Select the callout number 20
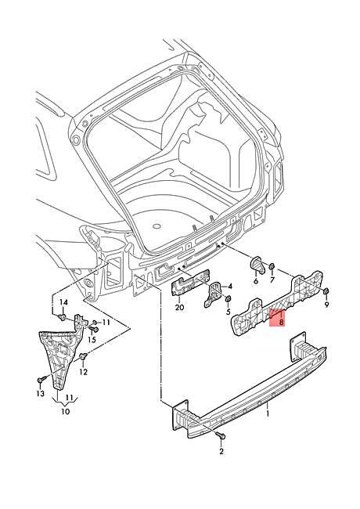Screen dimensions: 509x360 coord(179,308)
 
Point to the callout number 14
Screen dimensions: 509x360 coord(64,302)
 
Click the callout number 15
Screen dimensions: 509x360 coord(92,340)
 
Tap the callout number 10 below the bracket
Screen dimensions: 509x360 coord(66,411)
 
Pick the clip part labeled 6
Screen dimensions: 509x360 coord(257,270)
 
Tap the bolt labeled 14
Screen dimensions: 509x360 coord(62,317)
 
